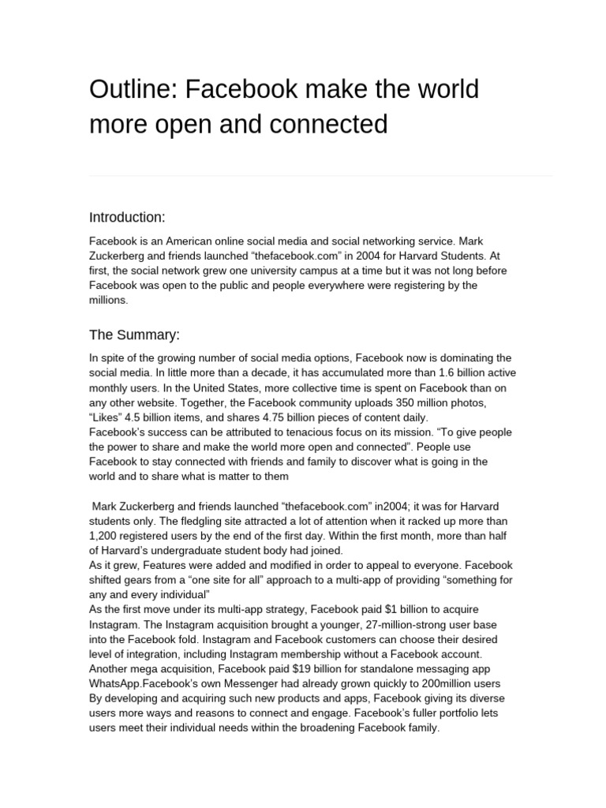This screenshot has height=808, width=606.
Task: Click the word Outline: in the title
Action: tap(133, 90)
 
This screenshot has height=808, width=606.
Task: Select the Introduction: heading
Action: tap(127, 217)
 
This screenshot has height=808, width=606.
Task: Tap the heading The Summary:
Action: tap(135, 335)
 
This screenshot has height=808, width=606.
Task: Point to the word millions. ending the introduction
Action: tap(108, 301)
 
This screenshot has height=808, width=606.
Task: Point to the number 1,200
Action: tap(105, 537)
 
